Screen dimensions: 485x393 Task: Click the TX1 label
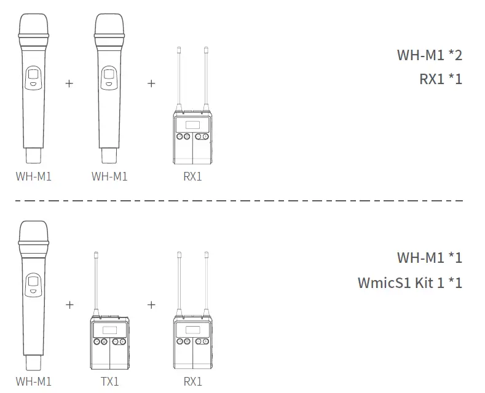(110, 381)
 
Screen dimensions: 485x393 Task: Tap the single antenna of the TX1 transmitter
(96, 282)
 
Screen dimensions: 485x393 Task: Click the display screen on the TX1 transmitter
(110, 330)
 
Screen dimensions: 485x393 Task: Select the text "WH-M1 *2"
(430, 55)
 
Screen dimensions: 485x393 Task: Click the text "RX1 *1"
(441, 79)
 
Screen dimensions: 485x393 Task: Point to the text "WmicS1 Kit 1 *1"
(410, 282)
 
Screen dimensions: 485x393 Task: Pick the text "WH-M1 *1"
(430, 257)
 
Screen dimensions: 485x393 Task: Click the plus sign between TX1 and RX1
(151, 305)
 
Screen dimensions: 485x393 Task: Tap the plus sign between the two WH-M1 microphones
(69, 84)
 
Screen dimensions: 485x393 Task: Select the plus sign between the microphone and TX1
(69, 305)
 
